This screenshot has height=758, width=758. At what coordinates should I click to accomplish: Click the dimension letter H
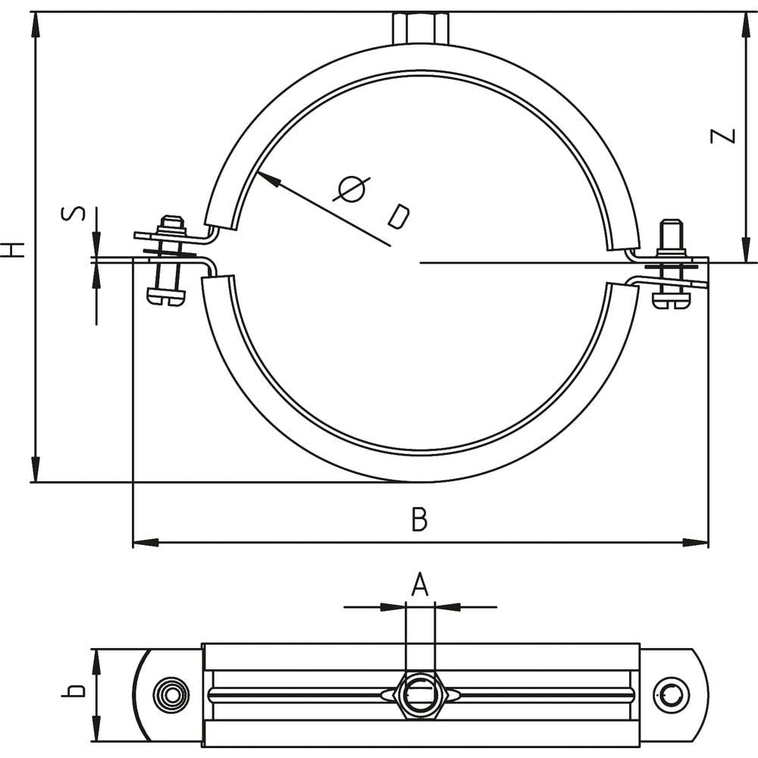coord(13,249)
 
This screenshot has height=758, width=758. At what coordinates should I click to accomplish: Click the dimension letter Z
coord(724,136)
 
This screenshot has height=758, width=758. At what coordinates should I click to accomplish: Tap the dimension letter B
coord(419,520)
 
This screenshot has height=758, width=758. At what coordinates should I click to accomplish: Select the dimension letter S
coord(73,214)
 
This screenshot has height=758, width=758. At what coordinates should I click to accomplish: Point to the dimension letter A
coord(420,585)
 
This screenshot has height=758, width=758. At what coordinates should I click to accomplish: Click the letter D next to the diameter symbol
coord(398,216)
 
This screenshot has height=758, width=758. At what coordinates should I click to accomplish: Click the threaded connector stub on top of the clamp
coord(421,28)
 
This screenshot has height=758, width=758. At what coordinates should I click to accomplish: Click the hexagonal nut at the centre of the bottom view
coord(419,694)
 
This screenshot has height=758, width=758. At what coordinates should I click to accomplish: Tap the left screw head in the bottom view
coord(170,694)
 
